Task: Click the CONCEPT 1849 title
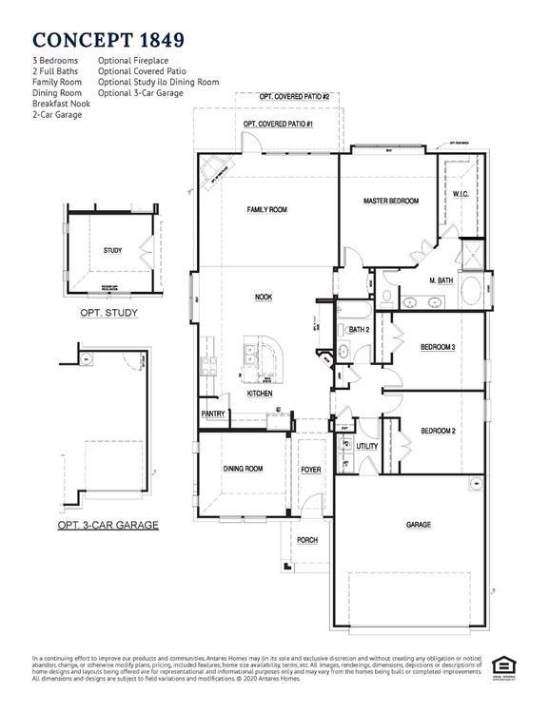coord(108,39)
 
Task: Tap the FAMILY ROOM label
coord(266,209)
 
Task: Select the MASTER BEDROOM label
coord(390,201)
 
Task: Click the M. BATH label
coord(440,280)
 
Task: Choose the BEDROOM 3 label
coord(438,347)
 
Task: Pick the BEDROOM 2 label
coord(438,431)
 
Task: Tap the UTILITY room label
coord(367,446)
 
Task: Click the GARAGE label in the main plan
coord(419,524)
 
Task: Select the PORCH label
coord(307,540)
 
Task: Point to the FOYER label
coord(311,470)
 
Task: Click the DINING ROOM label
coord(243,469)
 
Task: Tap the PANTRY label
coord(212,414)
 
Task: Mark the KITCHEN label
coord(260,393)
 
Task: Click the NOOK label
coord(264,297)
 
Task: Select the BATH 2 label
coord(359,330)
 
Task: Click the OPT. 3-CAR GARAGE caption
coord(108,525)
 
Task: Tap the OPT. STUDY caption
coord(108,313)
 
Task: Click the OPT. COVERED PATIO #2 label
coord(294,97)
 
